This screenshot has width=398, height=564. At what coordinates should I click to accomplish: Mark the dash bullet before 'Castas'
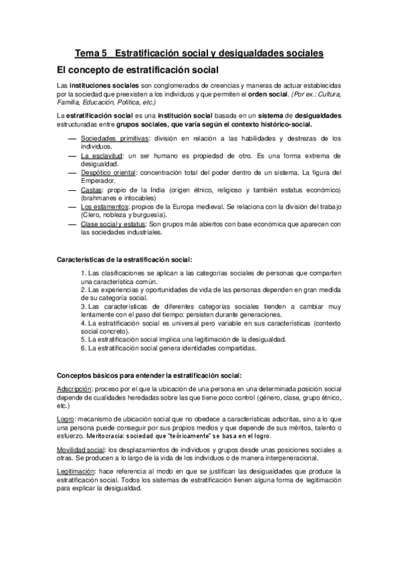click(x=72, y=190)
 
